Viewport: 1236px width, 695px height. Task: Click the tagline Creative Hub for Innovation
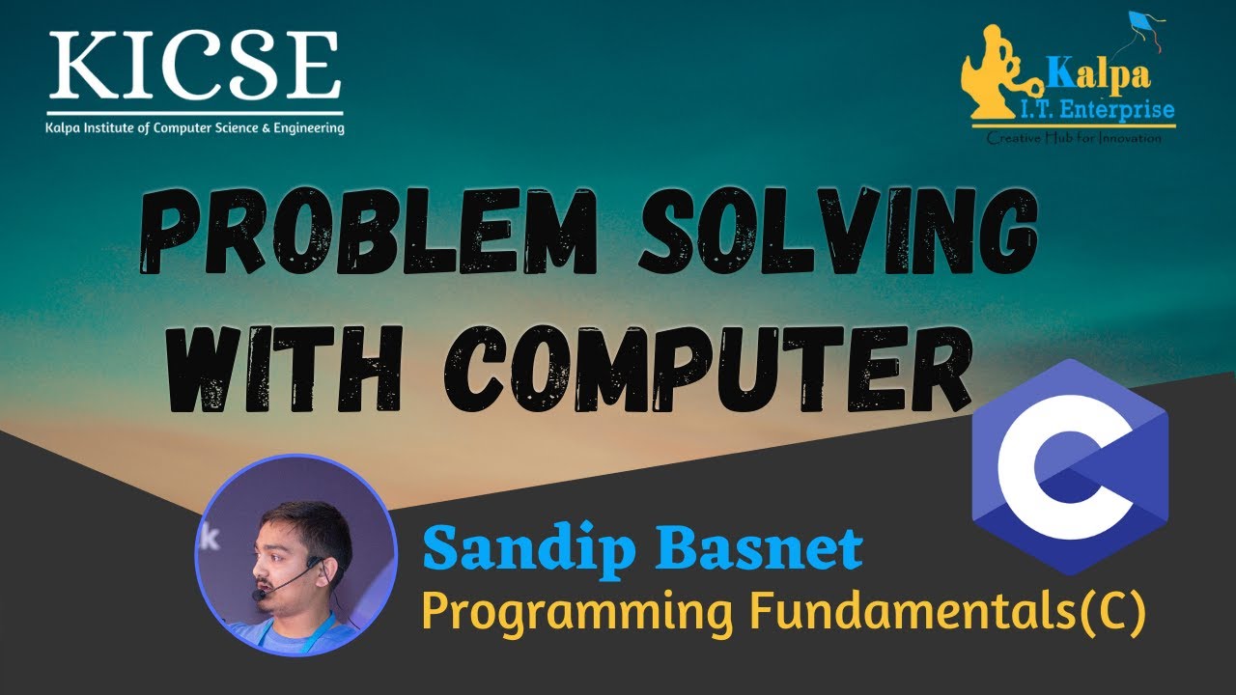pos(1074,138)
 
